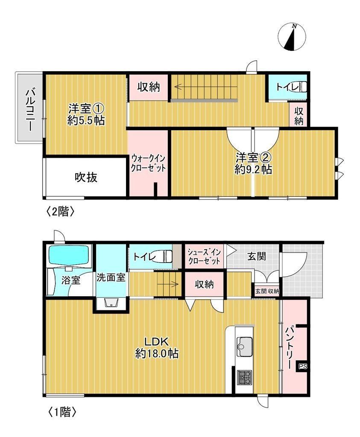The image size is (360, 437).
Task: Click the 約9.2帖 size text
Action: [254, 169]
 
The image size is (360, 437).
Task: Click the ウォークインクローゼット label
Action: [148, 162]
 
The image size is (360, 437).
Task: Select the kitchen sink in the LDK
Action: [245, 343]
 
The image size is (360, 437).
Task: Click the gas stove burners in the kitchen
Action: [245, 377]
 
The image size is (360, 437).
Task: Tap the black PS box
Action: [302, 366]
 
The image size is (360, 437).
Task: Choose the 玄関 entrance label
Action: [256, 256]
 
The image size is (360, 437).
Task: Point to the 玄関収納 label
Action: [267, 291]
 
